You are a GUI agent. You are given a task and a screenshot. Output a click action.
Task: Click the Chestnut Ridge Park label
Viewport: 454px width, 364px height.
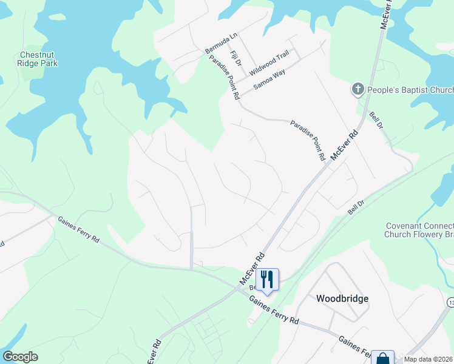point(38,59)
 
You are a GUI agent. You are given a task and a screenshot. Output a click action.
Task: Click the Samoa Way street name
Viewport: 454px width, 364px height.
point(269,79)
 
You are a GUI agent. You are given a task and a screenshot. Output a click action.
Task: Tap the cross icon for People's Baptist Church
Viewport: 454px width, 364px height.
point(358,90)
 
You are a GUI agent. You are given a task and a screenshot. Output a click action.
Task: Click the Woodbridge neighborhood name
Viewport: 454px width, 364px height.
point(342,298)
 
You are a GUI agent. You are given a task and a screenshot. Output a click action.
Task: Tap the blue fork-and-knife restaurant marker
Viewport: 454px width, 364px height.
point(267,279)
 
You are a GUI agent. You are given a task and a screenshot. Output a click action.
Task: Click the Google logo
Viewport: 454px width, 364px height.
point(20,357)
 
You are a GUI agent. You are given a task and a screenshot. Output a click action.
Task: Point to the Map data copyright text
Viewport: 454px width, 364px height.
point(427,359)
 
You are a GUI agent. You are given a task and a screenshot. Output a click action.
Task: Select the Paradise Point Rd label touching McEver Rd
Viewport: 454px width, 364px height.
point(308,140)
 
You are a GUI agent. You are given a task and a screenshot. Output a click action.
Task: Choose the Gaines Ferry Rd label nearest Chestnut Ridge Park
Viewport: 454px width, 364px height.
point(79,232)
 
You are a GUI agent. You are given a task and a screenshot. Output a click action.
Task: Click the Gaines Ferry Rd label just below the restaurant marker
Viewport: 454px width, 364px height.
point(274,309)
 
